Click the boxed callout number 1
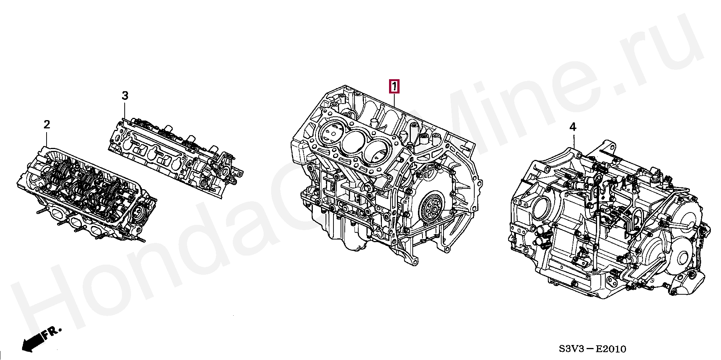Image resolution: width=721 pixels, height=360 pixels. pos(394,87)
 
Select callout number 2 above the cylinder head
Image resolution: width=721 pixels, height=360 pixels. pos(47,125)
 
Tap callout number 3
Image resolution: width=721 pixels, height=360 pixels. pos(125,96)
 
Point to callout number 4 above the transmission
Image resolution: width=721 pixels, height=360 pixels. pos(573,128)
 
